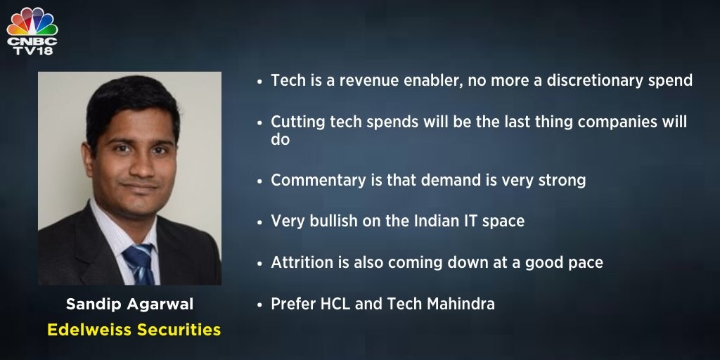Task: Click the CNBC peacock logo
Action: [x=32, y=21]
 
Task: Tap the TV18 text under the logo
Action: [x=32, y=51]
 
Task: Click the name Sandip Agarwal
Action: [x=130, y=304]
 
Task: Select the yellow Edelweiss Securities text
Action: [x=134, y=330]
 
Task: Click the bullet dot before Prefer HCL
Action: [x=260, y=305]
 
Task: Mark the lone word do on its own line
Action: [x=280, y=139]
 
